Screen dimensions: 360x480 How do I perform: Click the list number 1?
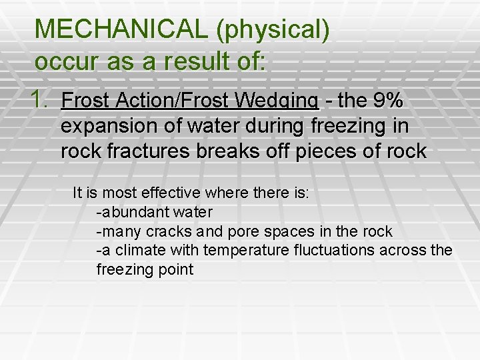click(x=39, y=100)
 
